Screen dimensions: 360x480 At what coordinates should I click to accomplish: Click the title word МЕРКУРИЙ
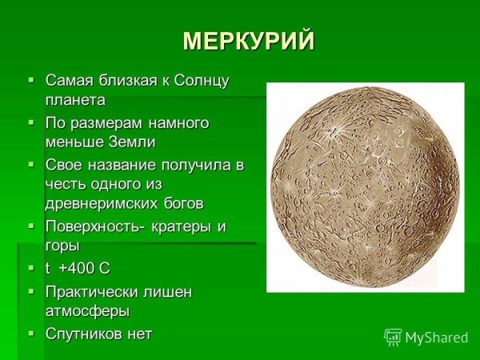point(249,42)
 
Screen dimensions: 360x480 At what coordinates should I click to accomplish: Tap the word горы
point(62,246)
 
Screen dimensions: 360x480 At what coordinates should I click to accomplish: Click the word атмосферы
point(87,310)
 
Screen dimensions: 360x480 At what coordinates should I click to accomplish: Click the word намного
point(174,122)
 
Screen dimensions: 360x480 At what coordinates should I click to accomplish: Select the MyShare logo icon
point(393,337)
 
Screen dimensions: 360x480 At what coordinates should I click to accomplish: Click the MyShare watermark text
point(436,338)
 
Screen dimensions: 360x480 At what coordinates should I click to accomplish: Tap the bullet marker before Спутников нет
point(31,333)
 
